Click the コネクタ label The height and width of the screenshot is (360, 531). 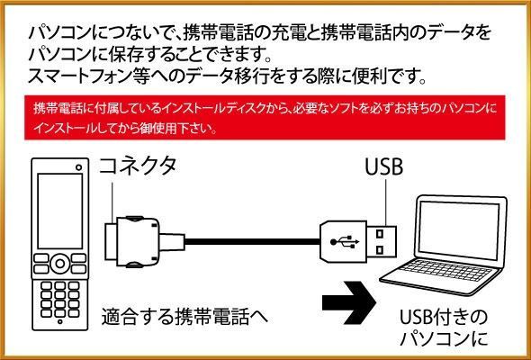(138, 166)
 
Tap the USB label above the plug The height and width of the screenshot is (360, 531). (384, 166)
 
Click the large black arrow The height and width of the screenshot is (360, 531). (349, 302)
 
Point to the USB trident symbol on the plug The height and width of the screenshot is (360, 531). (345, 242)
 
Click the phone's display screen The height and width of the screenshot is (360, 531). (60, 211)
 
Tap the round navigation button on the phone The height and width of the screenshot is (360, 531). (60, 264)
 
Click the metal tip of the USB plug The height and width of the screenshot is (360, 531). (382, 242)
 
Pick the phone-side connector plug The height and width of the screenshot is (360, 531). (145, 241)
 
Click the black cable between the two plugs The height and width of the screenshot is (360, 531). (252, 242)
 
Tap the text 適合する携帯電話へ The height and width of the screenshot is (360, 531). (184, 317)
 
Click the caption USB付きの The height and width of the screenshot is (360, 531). (444, 318)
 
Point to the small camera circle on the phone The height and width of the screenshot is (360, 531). (79, 167)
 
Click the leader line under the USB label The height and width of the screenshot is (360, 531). (386, 202)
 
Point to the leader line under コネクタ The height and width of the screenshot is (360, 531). (112, 202)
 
